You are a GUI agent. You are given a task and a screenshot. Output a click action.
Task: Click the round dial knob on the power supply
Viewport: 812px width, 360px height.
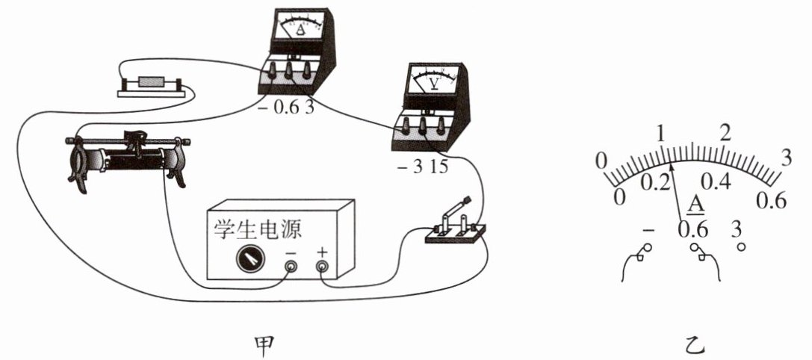pos(249,259)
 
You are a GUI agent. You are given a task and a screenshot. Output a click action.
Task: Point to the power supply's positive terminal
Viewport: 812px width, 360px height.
pos(322,266)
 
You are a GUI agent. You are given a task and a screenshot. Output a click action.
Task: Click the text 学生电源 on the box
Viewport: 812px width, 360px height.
pos(257,229)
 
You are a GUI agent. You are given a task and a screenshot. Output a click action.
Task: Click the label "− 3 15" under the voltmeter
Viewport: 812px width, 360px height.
pos(422,167)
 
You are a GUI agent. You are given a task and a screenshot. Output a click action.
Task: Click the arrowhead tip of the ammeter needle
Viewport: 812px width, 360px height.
pos(673,165)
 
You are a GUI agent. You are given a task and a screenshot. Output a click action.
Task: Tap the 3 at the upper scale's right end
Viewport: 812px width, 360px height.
pos(785,157)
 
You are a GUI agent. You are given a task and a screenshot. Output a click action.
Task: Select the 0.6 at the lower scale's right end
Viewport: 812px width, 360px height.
pos(772,200)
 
